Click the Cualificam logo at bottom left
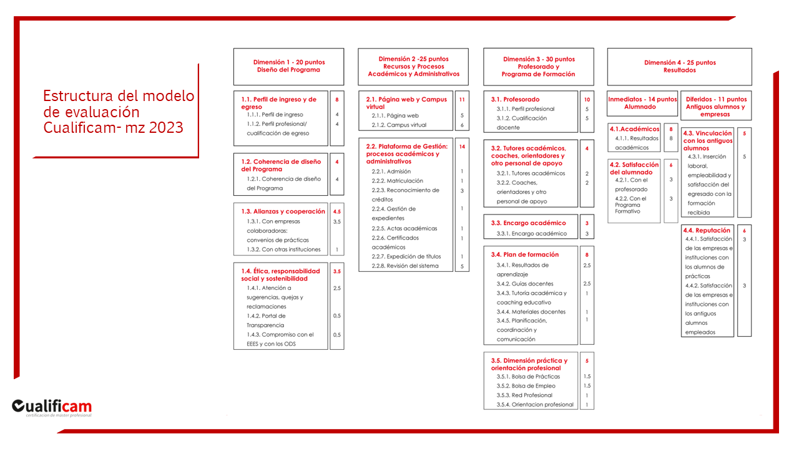[52, 407]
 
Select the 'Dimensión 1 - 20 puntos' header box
[288, 66]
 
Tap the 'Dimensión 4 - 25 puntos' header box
[679, 66]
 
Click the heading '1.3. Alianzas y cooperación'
[283, 211]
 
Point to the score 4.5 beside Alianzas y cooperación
[337, 212]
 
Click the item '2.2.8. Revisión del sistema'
[405, 266]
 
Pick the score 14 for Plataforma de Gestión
[462, 147]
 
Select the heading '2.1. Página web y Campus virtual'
[406, 103]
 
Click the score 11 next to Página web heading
[462, 100]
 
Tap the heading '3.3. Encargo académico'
[528, 223]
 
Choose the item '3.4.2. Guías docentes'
[525, 284]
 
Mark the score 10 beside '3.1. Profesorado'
[587, 100]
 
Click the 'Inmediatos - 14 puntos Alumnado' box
[642, 103]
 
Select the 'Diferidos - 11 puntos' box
[715, 106]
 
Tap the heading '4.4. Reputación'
[707, 230]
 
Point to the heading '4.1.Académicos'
[634, 129]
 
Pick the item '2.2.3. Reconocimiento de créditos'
[405, 195]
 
